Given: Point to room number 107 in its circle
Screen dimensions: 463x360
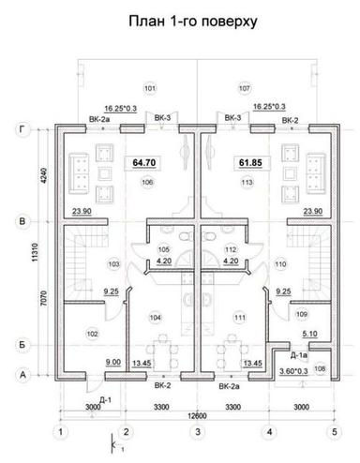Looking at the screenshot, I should coord(246,88).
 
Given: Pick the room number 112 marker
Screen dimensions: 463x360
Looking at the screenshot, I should coord(228,249).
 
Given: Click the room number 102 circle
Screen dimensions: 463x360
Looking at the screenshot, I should coord(92,333).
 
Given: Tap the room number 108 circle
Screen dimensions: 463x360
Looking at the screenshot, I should coord(322,369).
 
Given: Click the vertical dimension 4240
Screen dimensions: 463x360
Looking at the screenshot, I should coord(40,175).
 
